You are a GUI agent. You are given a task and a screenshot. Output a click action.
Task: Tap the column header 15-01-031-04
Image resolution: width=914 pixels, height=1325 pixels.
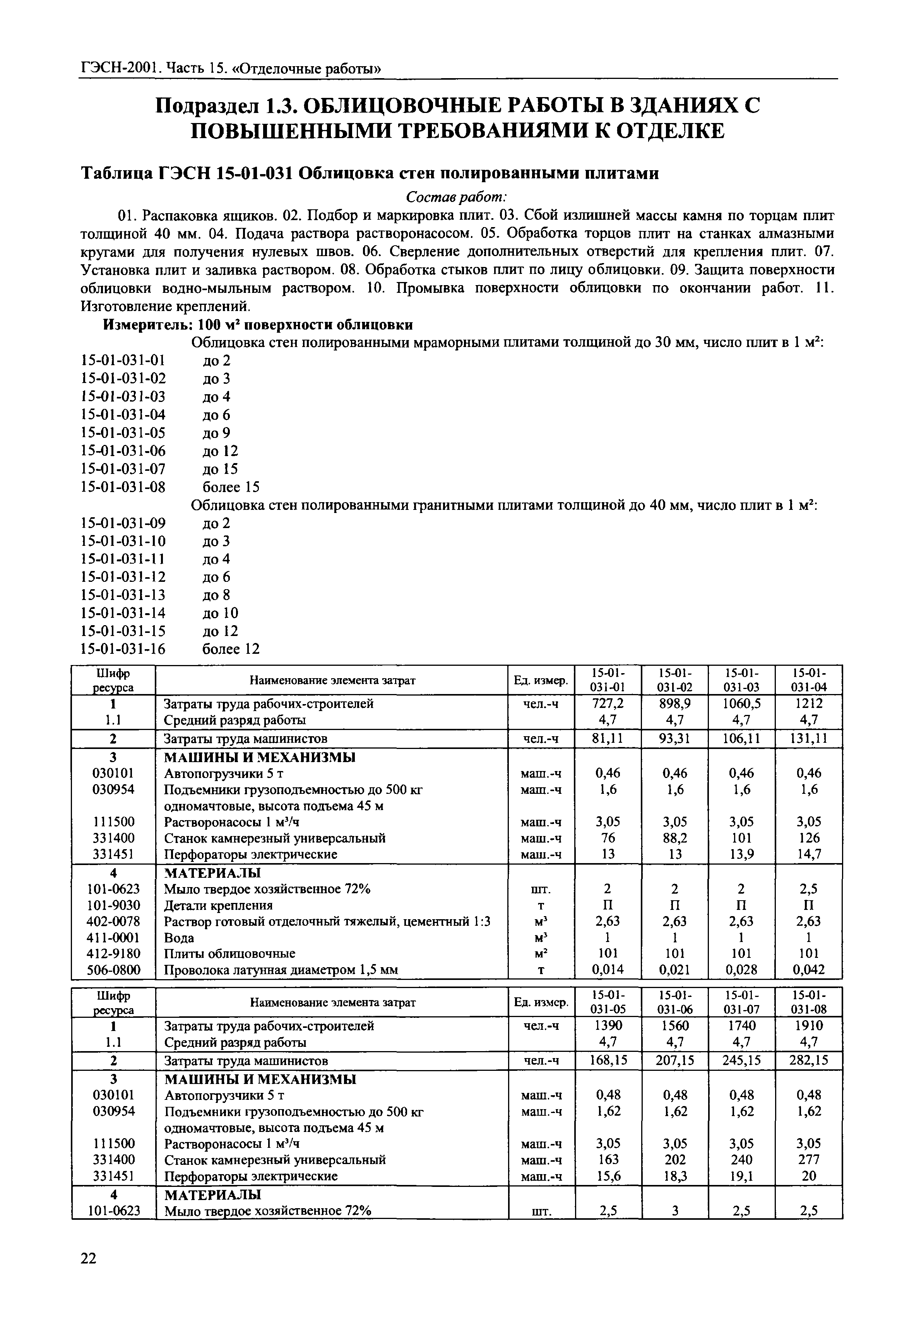click(809, 680)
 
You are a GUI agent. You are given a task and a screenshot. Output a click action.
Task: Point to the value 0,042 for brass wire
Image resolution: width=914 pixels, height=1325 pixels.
click(809, 970)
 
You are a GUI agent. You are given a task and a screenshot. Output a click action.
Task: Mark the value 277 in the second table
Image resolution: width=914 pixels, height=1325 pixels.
click(809, 1160)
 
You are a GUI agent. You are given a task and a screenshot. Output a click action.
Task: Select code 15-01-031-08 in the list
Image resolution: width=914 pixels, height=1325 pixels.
click(123, 487)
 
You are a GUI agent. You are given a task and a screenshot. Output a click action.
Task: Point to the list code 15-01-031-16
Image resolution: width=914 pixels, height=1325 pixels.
click(123, 649)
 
